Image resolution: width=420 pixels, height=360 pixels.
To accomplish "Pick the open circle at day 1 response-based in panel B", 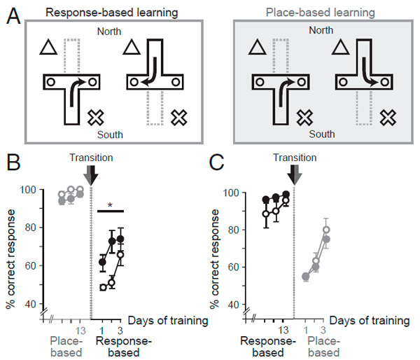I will click(102, 287).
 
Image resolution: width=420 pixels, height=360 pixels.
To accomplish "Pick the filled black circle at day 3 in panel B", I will click(120, 239).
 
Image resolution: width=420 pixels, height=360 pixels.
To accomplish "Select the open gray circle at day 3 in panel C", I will click(326, 230).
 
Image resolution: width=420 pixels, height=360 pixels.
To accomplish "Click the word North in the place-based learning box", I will click(320, 30).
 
